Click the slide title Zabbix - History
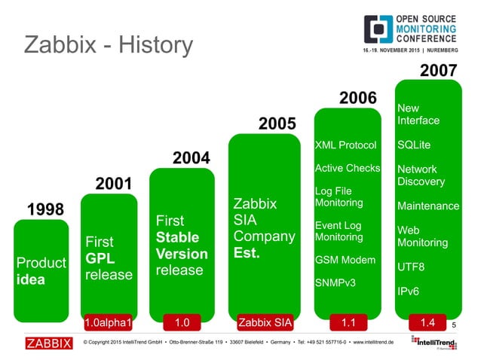coord(109,44)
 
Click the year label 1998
coord(46,209)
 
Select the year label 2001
coord(113,184)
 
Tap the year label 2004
coord(191,158)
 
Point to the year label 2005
coord(277,123)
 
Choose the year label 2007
coord(438,71)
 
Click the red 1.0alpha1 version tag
coord(108,323)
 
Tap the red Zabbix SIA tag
coord(264,323)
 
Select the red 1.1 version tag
coord(348,323)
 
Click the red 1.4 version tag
coord(427,323)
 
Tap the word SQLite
coord(414,145)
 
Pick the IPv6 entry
coord(409,290)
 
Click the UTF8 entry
coord(411,267)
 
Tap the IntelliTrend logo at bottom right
coord(435,343)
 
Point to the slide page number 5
coord(455,325)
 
